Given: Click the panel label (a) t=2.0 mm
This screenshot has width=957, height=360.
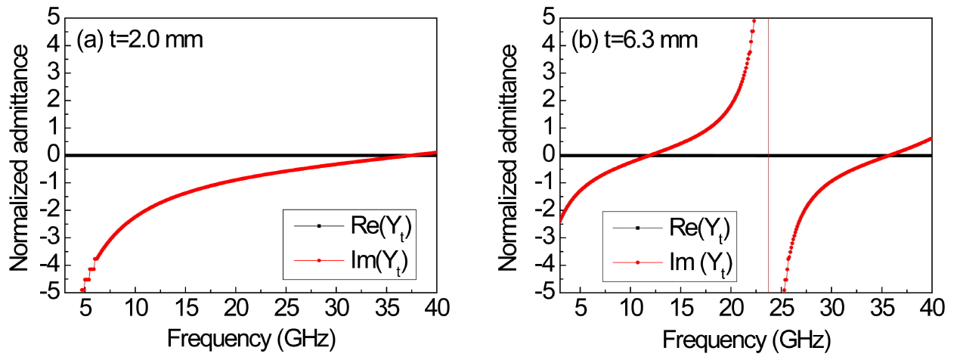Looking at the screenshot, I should [141, 39].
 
